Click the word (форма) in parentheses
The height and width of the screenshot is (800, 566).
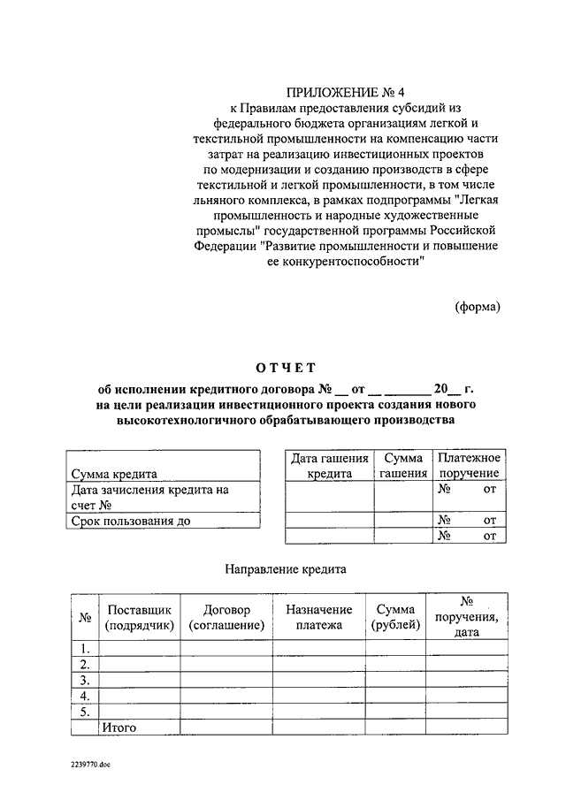(x=478, y=307)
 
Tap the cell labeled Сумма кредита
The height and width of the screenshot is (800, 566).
(x=115, y=473)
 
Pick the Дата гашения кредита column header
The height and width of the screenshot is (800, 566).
(x=330, y=465)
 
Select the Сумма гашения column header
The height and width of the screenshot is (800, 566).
(x=403, y=465)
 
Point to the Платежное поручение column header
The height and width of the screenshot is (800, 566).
(x=469, y=465)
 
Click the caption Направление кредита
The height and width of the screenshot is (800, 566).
(x=285, y=569)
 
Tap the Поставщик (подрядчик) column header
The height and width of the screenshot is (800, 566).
(x=140, y=617)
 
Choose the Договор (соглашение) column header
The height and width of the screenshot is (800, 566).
(x=226, y=617)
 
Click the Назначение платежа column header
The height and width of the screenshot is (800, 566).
(x=318, y=617)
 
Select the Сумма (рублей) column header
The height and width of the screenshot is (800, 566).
(x=395, y=617)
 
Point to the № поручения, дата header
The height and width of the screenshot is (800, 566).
(x=468, y=617)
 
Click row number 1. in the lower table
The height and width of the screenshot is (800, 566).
(x=85, y=648)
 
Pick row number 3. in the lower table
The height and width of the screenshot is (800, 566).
(x=85, y=680)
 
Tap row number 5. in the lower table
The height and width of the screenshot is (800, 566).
(x=85, y=712)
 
